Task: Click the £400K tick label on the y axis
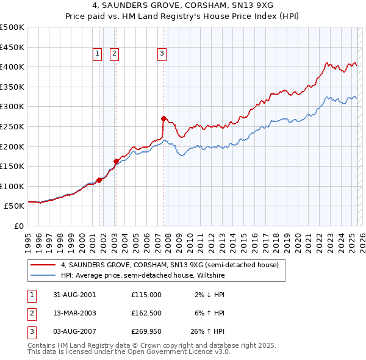(12, 67)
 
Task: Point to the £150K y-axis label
(12, 166)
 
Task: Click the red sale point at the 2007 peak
(163, 118)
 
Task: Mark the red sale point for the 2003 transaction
(116, 161)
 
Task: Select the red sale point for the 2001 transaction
(99, 180)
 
